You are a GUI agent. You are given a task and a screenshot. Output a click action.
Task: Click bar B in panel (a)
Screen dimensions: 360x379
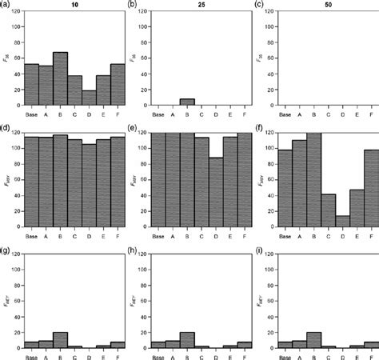click(61, 78)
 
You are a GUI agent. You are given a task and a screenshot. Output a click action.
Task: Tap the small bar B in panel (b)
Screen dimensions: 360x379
click(186, 102)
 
